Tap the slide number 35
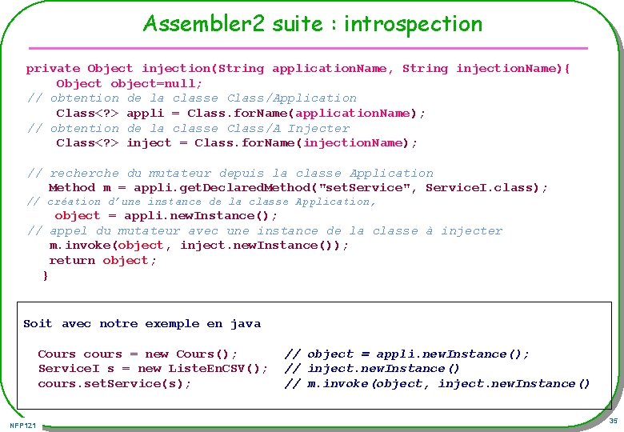tap(613, 421)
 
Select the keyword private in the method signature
tap(53, 69)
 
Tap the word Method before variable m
tap(71, 188)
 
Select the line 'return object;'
tap(102, 261)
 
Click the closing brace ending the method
tap(46, 275)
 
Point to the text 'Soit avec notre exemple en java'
tap(142, 324)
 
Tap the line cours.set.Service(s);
tap(114, 384)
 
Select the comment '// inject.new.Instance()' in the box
tap(372, 369)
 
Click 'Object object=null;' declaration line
tap(129, 83)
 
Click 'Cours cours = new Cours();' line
tap(138, 354)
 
